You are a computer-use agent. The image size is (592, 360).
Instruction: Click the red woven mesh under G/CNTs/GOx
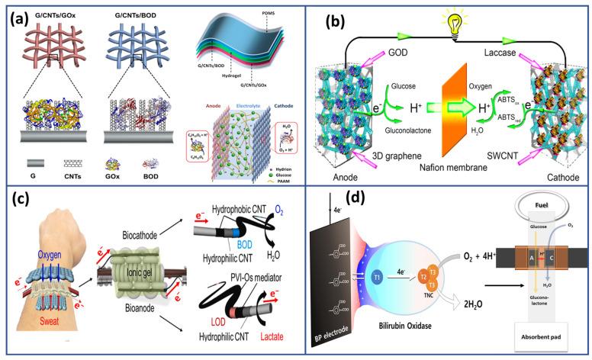(x=50, y=45)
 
